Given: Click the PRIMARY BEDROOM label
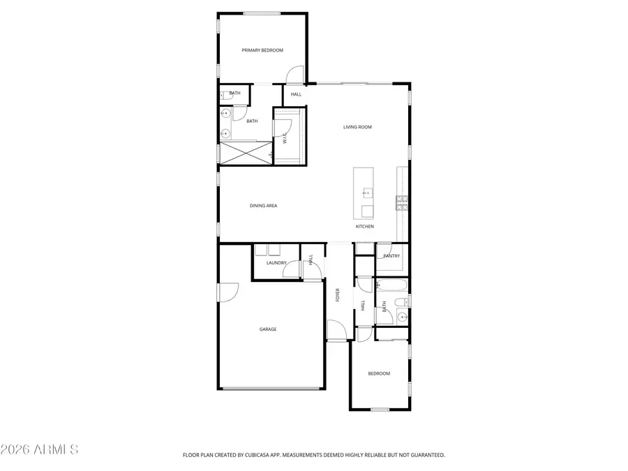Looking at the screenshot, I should [262, 50].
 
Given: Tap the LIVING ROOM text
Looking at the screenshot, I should [357, 127].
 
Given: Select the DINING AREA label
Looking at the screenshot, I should [264, 206].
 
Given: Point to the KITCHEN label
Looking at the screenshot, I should [365, 227].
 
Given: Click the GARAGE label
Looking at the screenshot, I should [268, 329].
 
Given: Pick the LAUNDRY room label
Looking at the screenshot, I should [276, 263].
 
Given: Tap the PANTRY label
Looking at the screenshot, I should [391, 256].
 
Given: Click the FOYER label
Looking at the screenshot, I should [338, 294].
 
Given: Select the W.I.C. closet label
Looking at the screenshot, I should [285, 138].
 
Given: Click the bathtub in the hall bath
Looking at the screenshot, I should [391, 285].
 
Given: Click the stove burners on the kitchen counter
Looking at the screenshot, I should [403, 202].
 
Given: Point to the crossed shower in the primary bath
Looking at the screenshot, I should [245, 152].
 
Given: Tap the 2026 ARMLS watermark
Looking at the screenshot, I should [40, 449].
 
